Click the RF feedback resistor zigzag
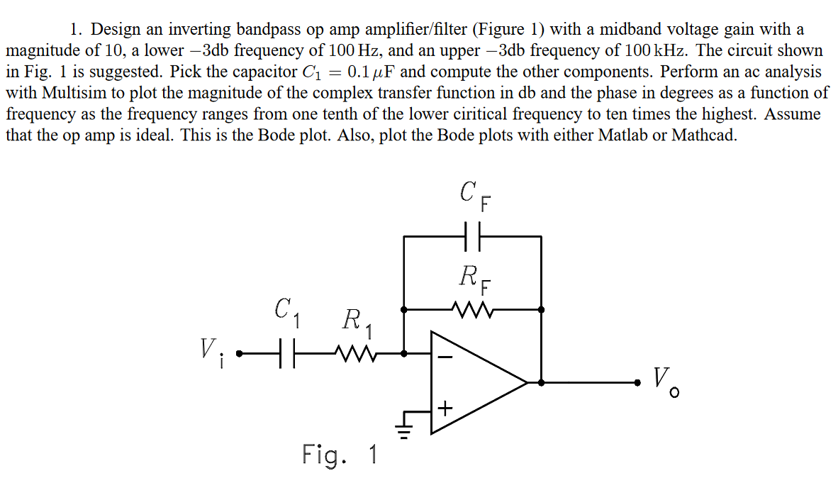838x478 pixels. point(472,309)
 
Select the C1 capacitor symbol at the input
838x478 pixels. point(286,352)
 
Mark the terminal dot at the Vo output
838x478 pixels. point(638,382)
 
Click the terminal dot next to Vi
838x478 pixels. point(239,352)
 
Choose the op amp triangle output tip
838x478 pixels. point(527,382)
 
